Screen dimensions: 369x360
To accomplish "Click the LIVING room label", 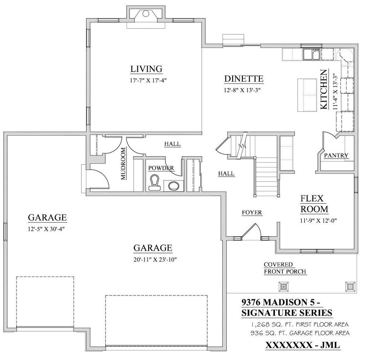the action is point(146,69).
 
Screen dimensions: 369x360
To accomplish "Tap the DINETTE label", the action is point(244,79).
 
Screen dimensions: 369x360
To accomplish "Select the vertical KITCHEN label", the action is point(324,89).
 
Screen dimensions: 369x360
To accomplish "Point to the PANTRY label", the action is point(336,156).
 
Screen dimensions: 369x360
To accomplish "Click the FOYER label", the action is point(252,213).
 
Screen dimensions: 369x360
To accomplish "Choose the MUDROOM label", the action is point(123,164).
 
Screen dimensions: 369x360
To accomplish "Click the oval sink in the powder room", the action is point(174,186).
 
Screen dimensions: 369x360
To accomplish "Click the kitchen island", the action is point(307,95).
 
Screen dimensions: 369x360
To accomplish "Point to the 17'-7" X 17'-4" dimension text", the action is point(148,80).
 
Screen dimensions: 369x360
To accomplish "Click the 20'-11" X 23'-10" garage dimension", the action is point(155,259).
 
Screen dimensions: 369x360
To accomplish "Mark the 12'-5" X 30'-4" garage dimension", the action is point(46,229).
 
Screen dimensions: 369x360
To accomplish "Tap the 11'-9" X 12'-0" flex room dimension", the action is point(319,221).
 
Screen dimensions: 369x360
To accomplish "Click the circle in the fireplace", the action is point(146,14).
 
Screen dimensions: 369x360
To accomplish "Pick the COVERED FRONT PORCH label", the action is point(285,268).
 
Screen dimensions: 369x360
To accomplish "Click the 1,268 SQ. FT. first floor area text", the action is point(299,324).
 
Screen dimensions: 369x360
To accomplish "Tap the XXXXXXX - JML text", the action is point(303,345).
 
